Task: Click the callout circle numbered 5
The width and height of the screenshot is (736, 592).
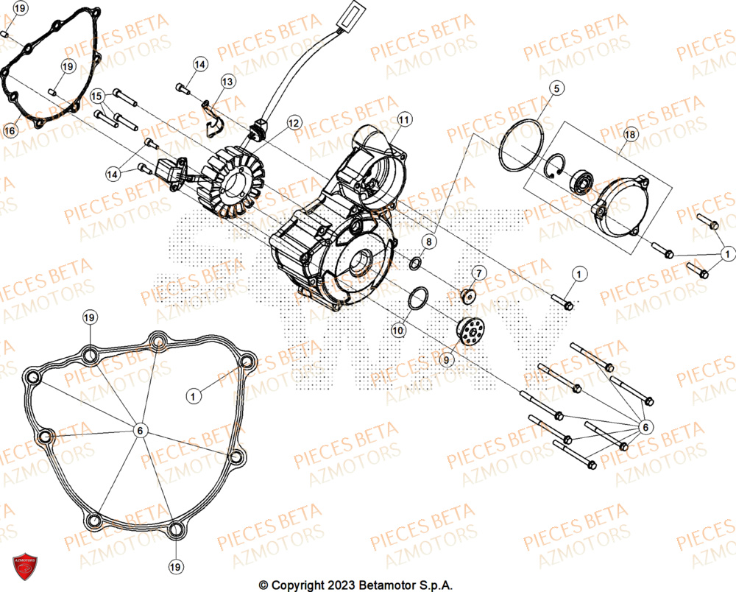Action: coord(556,88)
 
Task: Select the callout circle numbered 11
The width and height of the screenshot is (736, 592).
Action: coord(403,119)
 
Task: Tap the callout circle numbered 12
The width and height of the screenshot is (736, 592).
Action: coord(294,123)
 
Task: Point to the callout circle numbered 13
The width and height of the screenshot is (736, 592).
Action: coord(226,81)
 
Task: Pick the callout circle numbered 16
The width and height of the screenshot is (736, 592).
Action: coord(10,130)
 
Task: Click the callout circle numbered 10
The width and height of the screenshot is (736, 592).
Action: coord(397,331)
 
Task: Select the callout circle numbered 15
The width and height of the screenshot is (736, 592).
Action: coord(97,96)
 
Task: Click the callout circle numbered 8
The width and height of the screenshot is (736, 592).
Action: coord(429,241)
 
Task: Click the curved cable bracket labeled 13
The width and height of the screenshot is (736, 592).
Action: coord(213,119)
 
